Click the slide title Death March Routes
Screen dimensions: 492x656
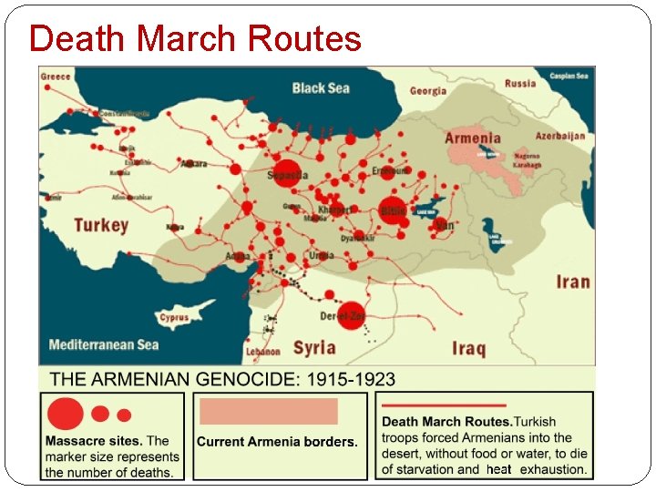pyautogui.click(x=195, y=39)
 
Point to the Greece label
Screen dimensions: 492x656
pyautogui.click(x=56, y=77)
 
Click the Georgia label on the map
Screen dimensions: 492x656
pyautogui.click(x=428, y=91)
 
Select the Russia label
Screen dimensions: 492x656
pyautogui.click(x=520, y=83)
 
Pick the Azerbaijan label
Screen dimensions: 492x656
pyautogui.click(x=560, y=136)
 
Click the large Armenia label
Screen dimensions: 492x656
pyautogui.click(x=472, y=138)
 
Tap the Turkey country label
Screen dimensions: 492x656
pyautogui.click(x=100, y=224)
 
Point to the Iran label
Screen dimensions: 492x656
pyautogui.click(x=572, y=282)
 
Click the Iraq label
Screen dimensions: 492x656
pyautogui.click(x=468, y=348)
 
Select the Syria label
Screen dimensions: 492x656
pyautogui.click(x=314, y=347)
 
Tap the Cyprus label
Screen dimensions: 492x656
pyautogui.click(x=174, y=318)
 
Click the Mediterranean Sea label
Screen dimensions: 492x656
pyautogui.click(x=103, y=344)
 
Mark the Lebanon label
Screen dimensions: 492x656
pyautogui.click(x=262, y=351)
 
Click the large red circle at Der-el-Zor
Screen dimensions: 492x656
pyautogui.click(x=353, y=313)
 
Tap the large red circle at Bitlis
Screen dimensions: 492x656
pyautogui.click(x=392, y=210)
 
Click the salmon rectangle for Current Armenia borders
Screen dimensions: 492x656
pyautogui.click(x=269, y=411)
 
